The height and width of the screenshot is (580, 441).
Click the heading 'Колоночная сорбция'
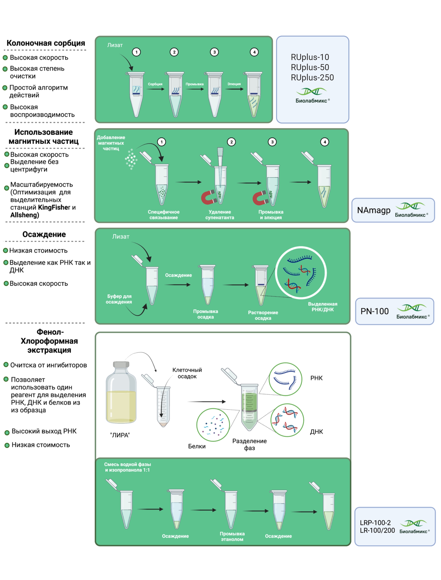tap(46, 43)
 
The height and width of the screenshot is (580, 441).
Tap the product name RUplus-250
tap(312, 78)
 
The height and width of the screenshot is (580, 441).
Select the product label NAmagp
tap(374, 210)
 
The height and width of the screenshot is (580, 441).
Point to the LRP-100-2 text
tap(375, 522)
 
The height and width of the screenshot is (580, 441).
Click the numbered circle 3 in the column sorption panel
tap(214, 52)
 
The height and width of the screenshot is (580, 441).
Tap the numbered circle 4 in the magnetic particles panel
tap(325, 142)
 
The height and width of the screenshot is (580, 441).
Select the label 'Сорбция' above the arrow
tap(155, 84)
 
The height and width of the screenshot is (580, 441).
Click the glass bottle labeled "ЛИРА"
tap(121, 394)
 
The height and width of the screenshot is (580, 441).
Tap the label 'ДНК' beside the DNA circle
tap(316, 432)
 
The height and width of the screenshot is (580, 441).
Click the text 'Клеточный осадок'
tap(187, 373)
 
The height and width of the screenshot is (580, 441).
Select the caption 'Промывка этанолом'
tap(232, 537)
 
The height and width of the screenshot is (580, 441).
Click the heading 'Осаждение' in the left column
tap(44, 234)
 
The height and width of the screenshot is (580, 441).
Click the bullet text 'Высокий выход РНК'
tap(44, 431)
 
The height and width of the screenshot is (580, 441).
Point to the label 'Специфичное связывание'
tap(163, 215)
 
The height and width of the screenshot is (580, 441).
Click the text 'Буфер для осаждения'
tap(119, 299)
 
